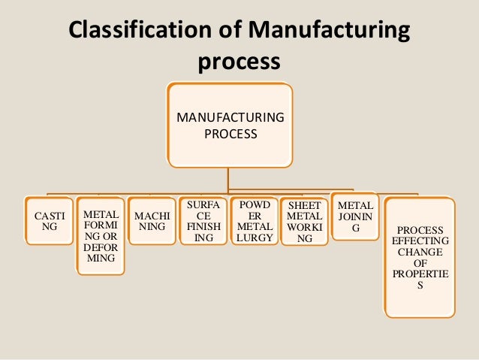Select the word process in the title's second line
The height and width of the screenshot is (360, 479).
239,62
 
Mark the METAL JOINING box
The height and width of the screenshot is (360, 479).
355,216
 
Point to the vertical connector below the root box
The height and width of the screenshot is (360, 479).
229,178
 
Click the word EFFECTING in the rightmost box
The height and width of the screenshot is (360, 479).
420,241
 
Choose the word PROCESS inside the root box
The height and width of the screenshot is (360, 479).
230,135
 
